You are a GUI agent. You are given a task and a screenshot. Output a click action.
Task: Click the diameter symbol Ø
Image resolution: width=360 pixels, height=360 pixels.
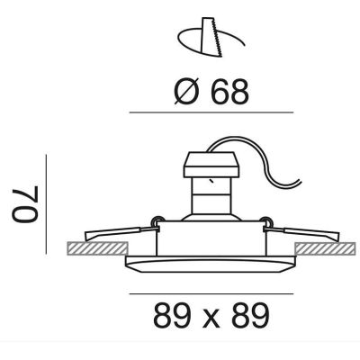tap(187, 91)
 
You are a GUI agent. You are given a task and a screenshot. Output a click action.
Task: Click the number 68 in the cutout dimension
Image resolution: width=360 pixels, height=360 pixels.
tap(230, 92)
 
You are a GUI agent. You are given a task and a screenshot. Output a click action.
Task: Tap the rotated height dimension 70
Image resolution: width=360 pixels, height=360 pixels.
tap(25, 204)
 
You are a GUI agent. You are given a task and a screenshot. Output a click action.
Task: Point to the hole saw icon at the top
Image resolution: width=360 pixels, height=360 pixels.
tap(211, 38)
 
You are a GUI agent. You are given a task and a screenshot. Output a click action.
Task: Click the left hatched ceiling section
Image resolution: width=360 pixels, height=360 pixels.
tap(97, 248)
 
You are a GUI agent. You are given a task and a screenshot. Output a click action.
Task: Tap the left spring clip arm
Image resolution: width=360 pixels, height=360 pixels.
tap(121, 233)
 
